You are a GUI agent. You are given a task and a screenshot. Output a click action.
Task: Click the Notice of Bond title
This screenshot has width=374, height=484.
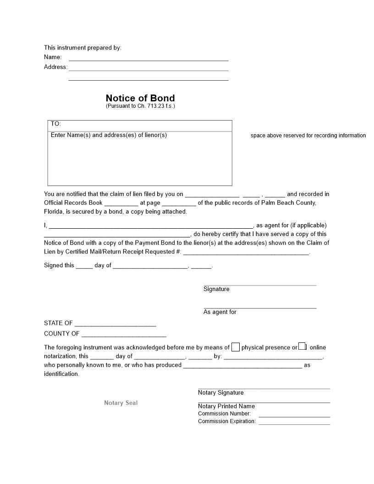coord(140,98)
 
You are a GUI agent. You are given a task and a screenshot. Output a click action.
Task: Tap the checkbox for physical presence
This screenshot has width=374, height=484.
coord(236,347)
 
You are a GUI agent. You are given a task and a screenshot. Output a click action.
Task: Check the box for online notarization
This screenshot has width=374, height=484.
coord(302,346)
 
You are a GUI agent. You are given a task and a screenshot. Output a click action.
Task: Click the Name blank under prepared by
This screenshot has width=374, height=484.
coord(148,58)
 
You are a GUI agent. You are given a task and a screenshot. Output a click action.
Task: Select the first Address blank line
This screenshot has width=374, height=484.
coord(148,68)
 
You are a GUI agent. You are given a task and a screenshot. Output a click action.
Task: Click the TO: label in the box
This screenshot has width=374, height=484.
coord(56,124)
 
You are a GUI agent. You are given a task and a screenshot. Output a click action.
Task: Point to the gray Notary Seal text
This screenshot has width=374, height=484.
coord(121,403)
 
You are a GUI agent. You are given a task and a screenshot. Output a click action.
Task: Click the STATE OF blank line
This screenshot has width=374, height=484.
coord(115,324)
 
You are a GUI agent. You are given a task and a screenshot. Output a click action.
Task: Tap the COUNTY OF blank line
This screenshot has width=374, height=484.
coord(124,334)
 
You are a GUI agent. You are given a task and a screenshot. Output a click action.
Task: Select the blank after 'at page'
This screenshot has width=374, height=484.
coord(179,203)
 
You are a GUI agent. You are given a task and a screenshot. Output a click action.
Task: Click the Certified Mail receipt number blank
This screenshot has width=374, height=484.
coord(246,253)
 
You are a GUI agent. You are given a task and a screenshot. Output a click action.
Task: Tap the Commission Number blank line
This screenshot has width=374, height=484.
coord(294,415)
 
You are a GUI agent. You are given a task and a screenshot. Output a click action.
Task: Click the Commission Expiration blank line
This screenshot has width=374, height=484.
coord(294,423)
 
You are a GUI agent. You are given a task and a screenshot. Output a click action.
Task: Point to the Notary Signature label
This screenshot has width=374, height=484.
coord(220,393)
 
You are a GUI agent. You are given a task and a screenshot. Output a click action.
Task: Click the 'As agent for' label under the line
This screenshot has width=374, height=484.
coord(220,312)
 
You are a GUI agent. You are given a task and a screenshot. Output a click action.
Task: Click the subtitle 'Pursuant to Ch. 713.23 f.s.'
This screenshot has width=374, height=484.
coord(140,106)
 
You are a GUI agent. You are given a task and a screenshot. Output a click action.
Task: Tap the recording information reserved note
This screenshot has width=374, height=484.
coord(308,136)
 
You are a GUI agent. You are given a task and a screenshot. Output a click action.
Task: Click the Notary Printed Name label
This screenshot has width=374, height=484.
coord(226,406)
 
